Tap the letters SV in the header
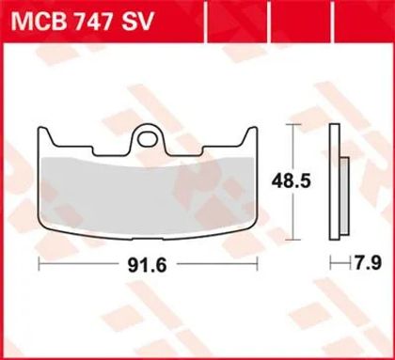pyautogui.click(x=136, y=22)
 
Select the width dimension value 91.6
pyautogui.click(x=147, y=265)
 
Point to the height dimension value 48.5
pyautogui.click(x=292, y=181)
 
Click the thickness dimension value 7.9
pyautogui.click(x=368, y=263)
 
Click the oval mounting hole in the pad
pyautogui.click(x=148, y=139)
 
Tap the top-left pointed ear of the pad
pyautogui.click(x=44, y=135)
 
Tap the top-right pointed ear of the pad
pyautogui.click(x=250, y=135)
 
